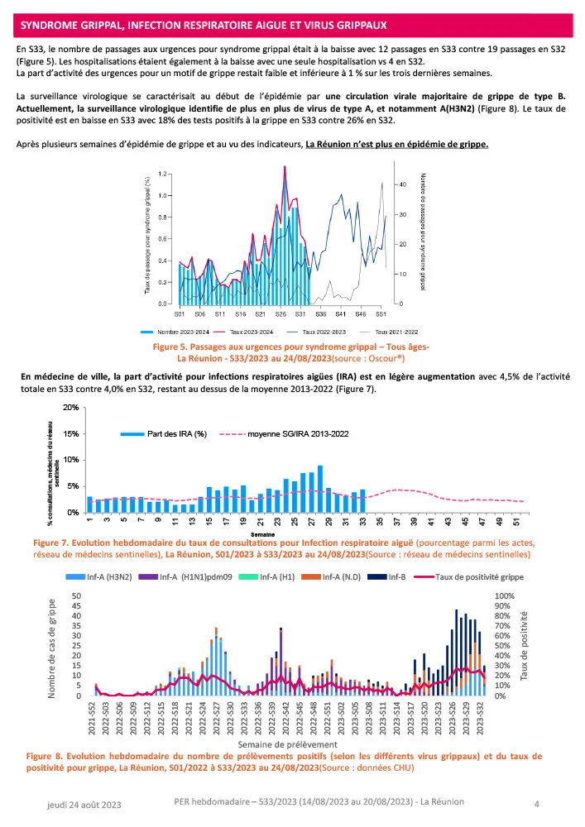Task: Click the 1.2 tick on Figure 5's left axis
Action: (163, 174)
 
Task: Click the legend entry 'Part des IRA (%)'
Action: (177, 433)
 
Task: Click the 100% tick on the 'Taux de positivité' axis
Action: (505, 595)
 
